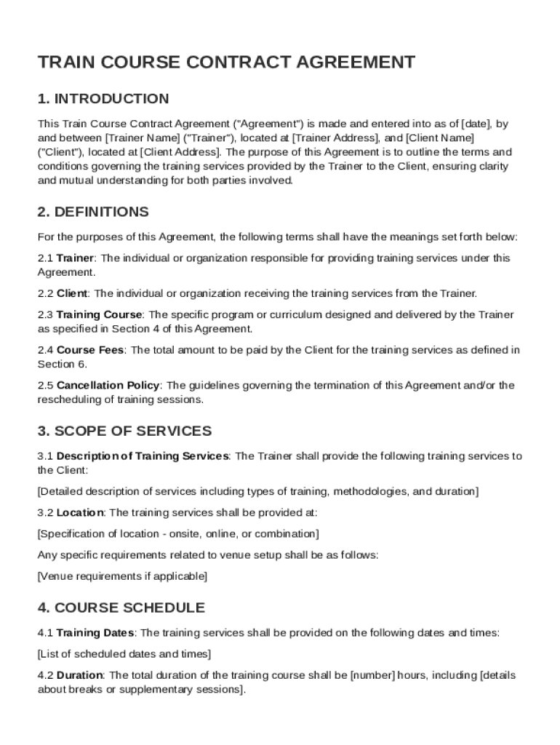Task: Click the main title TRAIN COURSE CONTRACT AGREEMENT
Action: [226, 63]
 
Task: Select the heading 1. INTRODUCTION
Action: [103, 99]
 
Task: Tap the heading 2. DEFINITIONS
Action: [93, 212]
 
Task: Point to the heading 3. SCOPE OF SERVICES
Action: [124, 431]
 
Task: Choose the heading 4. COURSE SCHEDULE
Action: [121, 607]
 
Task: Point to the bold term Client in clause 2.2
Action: [72, 293]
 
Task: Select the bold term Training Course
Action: [100, 315]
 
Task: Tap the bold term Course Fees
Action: [90, 350]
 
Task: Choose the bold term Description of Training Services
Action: [143, 456]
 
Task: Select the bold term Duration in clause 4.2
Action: [80, 675]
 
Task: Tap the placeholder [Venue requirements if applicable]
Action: [122, 576]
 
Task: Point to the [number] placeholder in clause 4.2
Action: [373, 675]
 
